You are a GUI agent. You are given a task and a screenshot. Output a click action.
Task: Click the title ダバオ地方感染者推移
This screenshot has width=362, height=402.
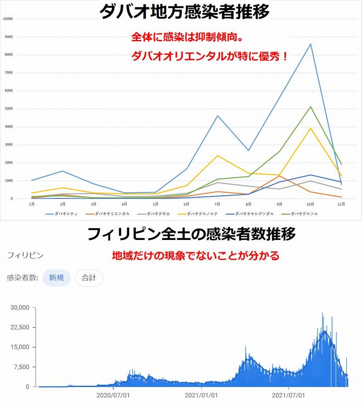pos(184,11)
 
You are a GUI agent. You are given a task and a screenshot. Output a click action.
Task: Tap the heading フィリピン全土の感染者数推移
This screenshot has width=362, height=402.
pos(191,234)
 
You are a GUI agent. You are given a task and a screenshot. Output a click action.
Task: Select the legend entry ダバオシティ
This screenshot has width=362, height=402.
pos(61,214)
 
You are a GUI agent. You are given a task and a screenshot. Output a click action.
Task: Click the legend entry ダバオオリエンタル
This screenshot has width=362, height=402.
pos(108,214)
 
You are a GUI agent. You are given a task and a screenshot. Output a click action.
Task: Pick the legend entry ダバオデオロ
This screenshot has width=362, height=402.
pos(153,214)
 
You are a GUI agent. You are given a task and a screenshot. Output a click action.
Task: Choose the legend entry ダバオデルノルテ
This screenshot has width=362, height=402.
pos(198,214)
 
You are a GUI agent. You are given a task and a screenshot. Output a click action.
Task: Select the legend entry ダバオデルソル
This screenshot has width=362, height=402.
pos(300,214)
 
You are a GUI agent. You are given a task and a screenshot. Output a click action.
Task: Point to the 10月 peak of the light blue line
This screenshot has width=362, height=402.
pos(311,44)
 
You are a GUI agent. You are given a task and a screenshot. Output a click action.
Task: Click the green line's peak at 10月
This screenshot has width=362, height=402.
pos(311,107)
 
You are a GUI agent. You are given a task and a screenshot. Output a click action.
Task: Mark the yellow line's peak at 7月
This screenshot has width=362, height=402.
pos(218,156)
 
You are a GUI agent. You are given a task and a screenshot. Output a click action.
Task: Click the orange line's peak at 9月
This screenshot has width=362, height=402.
pos(280,176)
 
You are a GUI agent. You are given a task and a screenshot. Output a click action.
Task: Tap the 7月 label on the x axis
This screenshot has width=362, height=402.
pos(217,204)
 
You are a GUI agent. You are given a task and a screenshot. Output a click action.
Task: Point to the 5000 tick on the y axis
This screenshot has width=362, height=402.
pos(9,109)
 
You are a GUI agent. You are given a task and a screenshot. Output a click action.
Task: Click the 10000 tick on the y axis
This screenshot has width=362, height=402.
pos(8,19)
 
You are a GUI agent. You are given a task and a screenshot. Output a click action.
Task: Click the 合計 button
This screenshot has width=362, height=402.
pos(89,278)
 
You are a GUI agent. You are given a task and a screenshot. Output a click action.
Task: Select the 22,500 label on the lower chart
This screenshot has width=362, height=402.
pos(20,327)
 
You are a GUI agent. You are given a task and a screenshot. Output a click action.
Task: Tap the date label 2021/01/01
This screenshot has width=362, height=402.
pos(201,395)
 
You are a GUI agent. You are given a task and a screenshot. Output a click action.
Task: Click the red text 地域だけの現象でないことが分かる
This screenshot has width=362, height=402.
pos(196,255)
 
